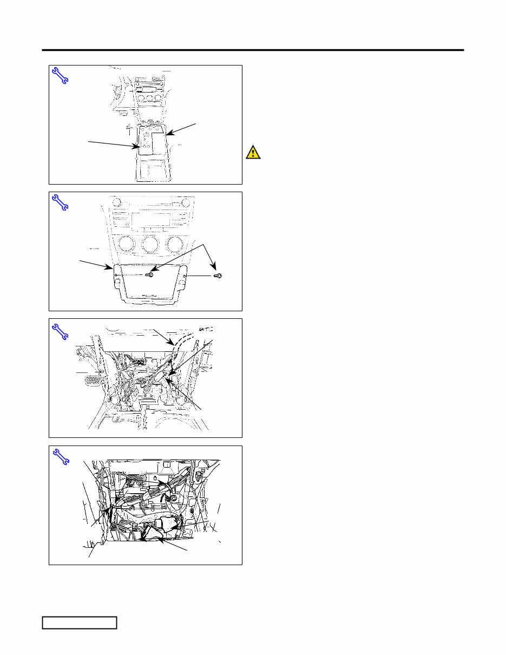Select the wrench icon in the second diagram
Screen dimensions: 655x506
pos(60,202)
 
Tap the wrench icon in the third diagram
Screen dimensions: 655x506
pos(60,330)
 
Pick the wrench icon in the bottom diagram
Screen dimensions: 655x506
pos(60,457)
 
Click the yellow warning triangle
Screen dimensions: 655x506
pos(253,152)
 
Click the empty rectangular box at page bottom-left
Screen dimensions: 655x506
pos(80,623)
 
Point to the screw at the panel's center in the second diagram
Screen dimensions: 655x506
pos(151,275)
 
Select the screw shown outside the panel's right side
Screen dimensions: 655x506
pos(219,276)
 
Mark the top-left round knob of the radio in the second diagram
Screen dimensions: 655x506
pos(119,203)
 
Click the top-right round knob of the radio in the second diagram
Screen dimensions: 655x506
pos(186,203)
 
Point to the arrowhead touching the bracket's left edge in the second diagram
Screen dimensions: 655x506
pos(111,268)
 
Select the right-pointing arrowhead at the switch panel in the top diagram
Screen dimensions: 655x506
pos(137,146)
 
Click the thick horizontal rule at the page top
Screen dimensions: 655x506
pos(253,50)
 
